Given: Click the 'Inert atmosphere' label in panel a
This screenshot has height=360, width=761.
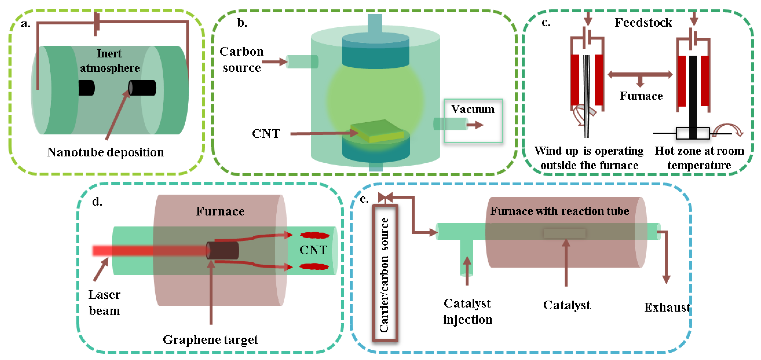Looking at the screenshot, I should pos(110,61).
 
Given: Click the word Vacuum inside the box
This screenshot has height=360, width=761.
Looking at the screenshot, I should pos(473,109).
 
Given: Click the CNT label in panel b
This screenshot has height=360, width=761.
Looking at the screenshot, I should pos(266,134).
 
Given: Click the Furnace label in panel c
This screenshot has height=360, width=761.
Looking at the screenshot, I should pos(641,96).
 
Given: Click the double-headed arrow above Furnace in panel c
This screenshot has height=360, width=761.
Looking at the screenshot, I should pos(640,74).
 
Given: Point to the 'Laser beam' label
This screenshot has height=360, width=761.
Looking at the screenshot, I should pos(104,303).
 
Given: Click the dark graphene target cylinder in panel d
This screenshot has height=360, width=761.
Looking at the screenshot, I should pos(222,250).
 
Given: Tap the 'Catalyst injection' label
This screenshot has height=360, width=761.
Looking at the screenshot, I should pos(467,311).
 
